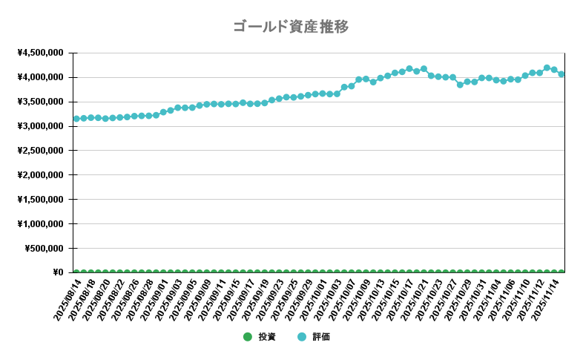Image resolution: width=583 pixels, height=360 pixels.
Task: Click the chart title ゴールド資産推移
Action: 291,27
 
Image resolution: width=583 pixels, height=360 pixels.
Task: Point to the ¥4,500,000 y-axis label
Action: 40,53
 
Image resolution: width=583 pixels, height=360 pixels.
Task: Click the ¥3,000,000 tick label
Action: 40,126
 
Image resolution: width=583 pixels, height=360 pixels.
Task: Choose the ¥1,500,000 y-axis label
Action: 40,200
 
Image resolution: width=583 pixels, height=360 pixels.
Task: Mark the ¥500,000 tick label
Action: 45,249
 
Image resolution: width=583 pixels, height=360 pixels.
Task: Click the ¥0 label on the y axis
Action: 58,272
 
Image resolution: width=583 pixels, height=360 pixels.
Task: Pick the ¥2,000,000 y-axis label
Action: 40,175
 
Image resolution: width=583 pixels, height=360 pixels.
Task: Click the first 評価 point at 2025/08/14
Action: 76,119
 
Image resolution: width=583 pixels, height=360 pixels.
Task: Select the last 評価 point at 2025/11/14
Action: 561,74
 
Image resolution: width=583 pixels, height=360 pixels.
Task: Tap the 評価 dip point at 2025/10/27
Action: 460,85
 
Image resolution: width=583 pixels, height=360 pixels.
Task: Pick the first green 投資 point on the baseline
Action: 76,272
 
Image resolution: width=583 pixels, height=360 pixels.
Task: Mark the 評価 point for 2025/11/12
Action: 547,68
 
